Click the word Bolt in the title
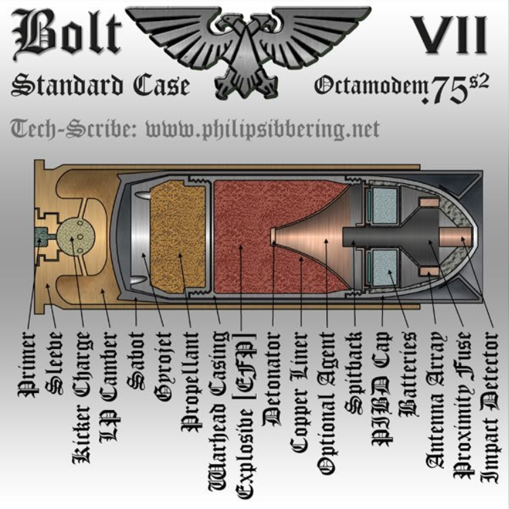click(x=66, y=34)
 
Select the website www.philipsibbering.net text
click(x=262, y=129)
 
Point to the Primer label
click(x=28, y=365)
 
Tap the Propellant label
click(x=190, y=382)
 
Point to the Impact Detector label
click(x=489, y=407)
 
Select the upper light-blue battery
click(x=385, y=206)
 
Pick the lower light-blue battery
click(x=385, y=268)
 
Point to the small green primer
click(x=40, y=238)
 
